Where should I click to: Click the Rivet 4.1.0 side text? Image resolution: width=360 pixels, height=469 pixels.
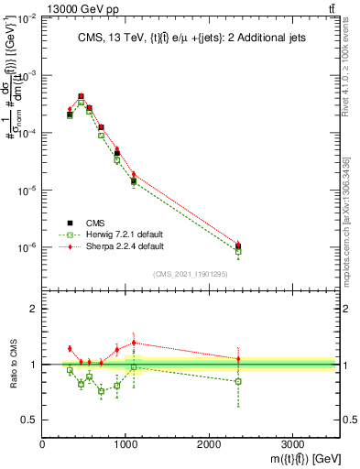point(345,69)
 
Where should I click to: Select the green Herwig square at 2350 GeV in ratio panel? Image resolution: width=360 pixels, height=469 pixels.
point(238,381)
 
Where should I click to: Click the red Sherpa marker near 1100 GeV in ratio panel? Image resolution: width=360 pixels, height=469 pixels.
point(134,343)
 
